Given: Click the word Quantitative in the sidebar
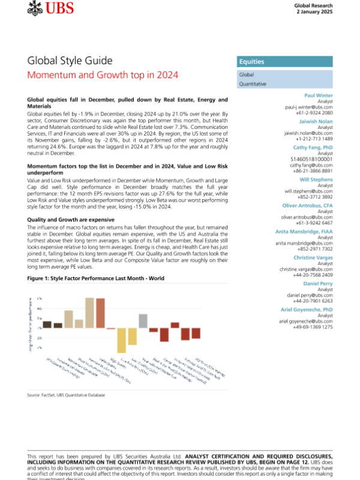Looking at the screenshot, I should click(253, 84).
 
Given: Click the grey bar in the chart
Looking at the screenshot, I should click(143, 321).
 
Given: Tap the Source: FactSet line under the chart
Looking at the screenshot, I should click(66, 395).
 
